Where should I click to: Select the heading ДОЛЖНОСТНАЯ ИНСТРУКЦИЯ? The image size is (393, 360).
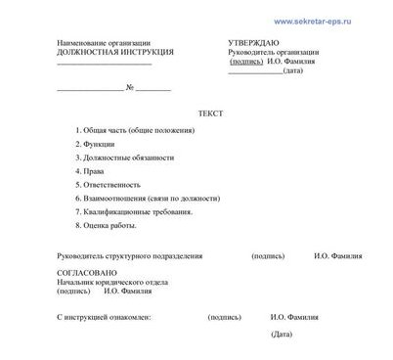coord(115,52)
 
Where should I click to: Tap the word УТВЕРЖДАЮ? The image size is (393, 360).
coord(252,43)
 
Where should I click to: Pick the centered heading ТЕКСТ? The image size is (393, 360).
coord(210,113)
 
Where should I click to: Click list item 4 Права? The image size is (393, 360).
coord(96,170)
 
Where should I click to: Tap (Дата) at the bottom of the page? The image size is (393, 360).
coord(283,335)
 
